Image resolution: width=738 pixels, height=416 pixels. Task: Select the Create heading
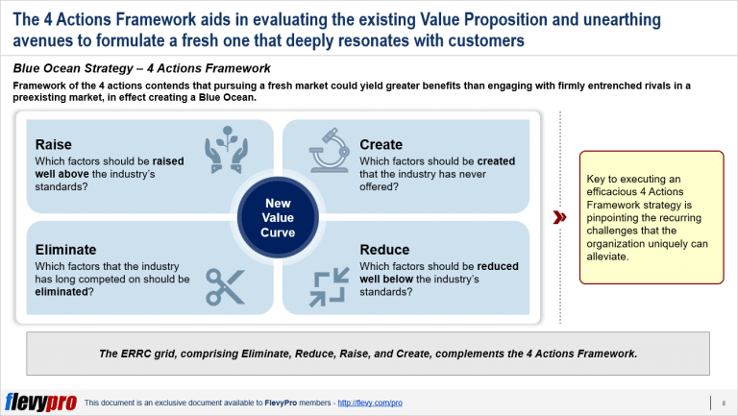point(381,144)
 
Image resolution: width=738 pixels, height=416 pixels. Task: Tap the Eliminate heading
point(65,250)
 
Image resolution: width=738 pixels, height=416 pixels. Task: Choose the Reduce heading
point(384,250)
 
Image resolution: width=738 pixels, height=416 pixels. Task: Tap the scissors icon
point(226,285)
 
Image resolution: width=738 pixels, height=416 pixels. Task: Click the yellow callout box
point(650,217)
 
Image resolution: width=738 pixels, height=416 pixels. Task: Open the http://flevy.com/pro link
point(368,403)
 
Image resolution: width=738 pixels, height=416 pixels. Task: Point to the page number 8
point(723,403)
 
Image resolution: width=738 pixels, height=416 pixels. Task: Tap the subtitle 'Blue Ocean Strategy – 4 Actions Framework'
point(142,68)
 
